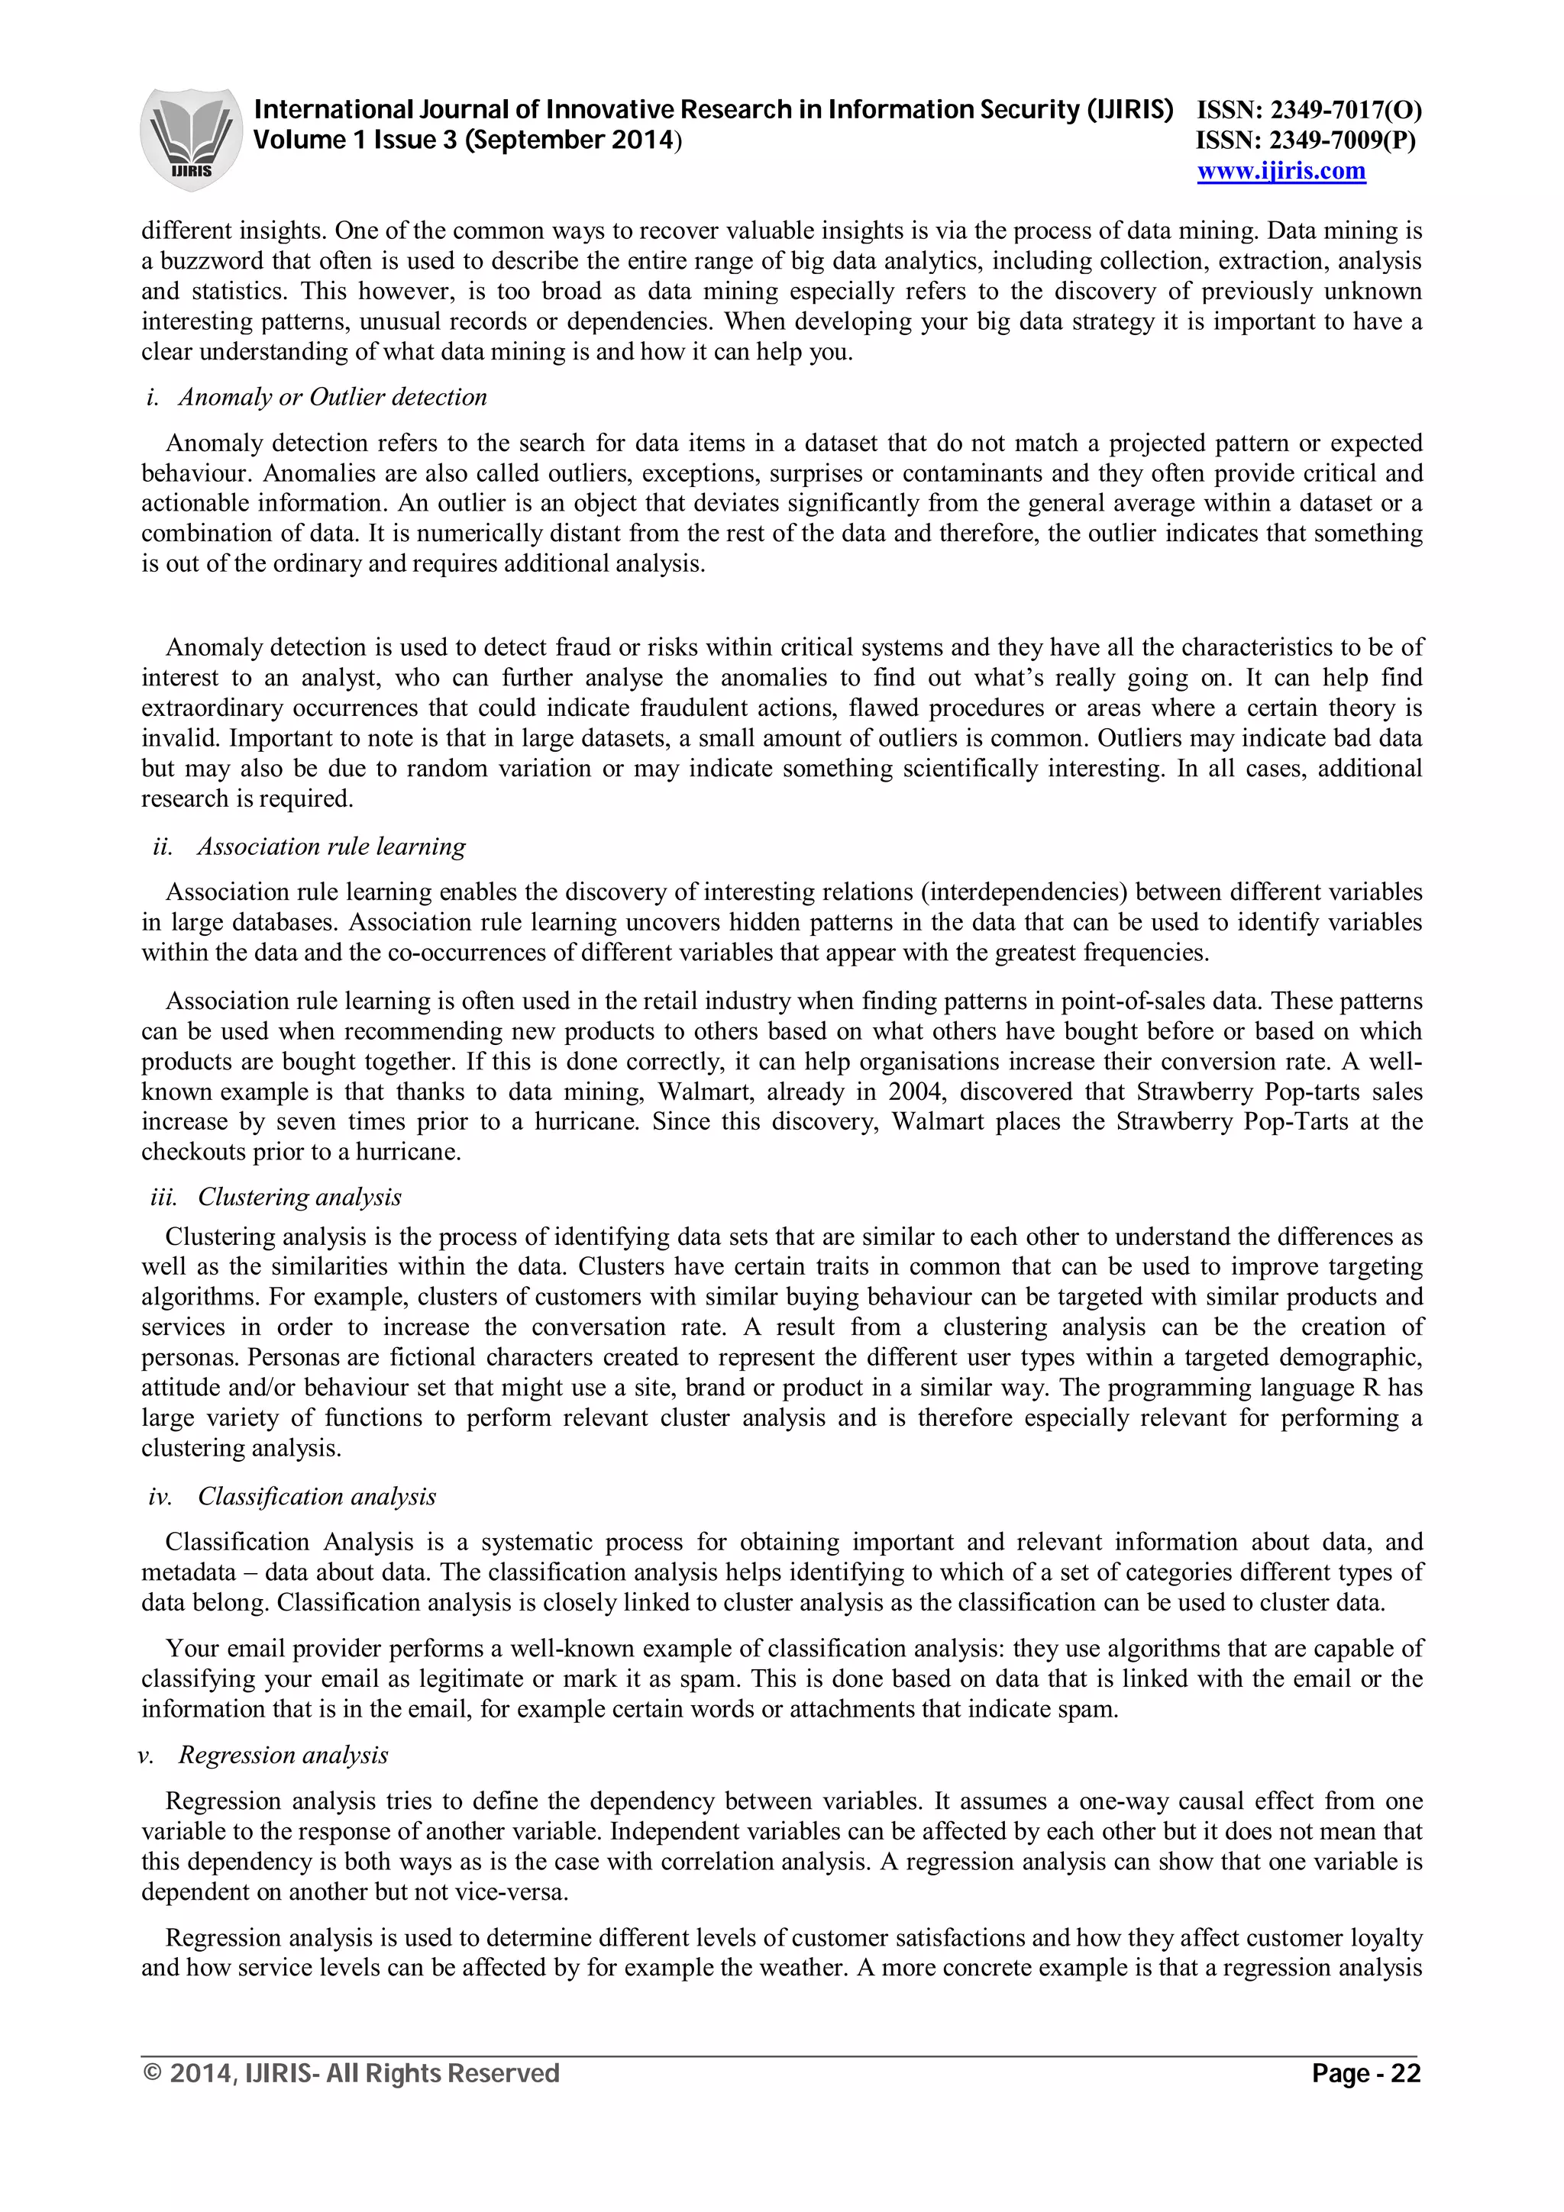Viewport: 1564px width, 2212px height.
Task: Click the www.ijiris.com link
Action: click(1281, 172)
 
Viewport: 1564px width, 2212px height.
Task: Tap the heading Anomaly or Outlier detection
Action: click(332, 397)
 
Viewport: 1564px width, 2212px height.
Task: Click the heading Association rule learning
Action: click(331, 846)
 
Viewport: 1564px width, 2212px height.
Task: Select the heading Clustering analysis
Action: click(299, 1197)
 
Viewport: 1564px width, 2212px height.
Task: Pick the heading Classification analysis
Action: click(316, 1496)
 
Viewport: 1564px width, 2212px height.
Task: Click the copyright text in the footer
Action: click(351, 2072)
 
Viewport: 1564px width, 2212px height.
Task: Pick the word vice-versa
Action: click(515, 1891)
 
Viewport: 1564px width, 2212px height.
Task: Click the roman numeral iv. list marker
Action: click(160, 1496)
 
